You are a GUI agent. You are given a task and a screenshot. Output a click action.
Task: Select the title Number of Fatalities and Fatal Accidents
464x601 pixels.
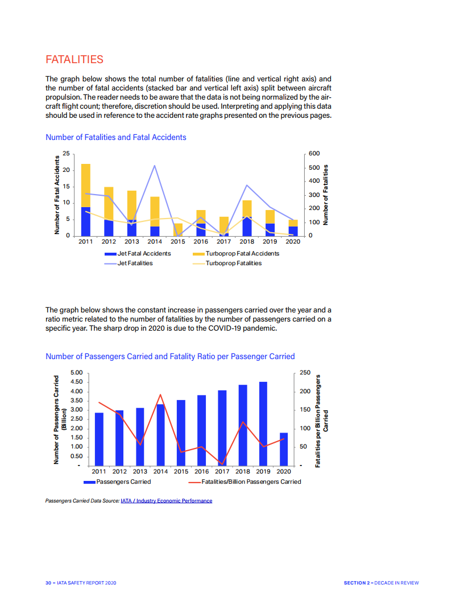point(115,137)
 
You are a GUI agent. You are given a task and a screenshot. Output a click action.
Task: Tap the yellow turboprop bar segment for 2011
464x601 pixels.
point(86,185)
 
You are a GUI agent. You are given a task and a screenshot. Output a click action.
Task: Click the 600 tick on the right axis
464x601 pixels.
point(314,154)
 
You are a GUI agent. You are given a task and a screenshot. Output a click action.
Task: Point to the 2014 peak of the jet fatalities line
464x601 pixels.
point(155,166)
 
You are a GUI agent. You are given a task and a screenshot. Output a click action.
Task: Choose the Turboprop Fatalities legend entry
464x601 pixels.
point(233,263)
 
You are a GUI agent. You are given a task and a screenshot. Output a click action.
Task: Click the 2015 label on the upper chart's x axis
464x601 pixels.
point(178,241)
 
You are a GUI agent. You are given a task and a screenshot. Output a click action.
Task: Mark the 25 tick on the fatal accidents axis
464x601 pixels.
point(66,154)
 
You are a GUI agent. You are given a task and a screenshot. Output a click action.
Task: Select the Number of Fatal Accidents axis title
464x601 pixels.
point(57,195)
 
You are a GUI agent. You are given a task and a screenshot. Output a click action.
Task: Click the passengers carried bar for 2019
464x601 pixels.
point(263,423)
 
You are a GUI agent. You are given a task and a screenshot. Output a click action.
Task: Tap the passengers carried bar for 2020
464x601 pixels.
point(284,449)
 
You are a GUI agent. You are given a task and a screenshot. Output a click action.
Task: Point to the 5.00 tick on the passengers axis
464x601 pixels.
point(76,373)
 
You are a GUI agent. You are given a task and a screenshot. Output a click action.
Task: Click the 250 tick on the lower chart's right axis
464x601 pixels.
point(305,373)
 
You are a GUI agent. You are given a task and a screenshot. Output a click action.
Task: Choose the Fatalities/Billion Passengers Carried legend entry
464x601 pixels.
point(251,481)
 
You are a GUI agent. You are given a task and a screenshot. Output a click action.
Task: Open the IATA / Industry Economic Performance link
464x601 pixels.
point(167,501)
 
